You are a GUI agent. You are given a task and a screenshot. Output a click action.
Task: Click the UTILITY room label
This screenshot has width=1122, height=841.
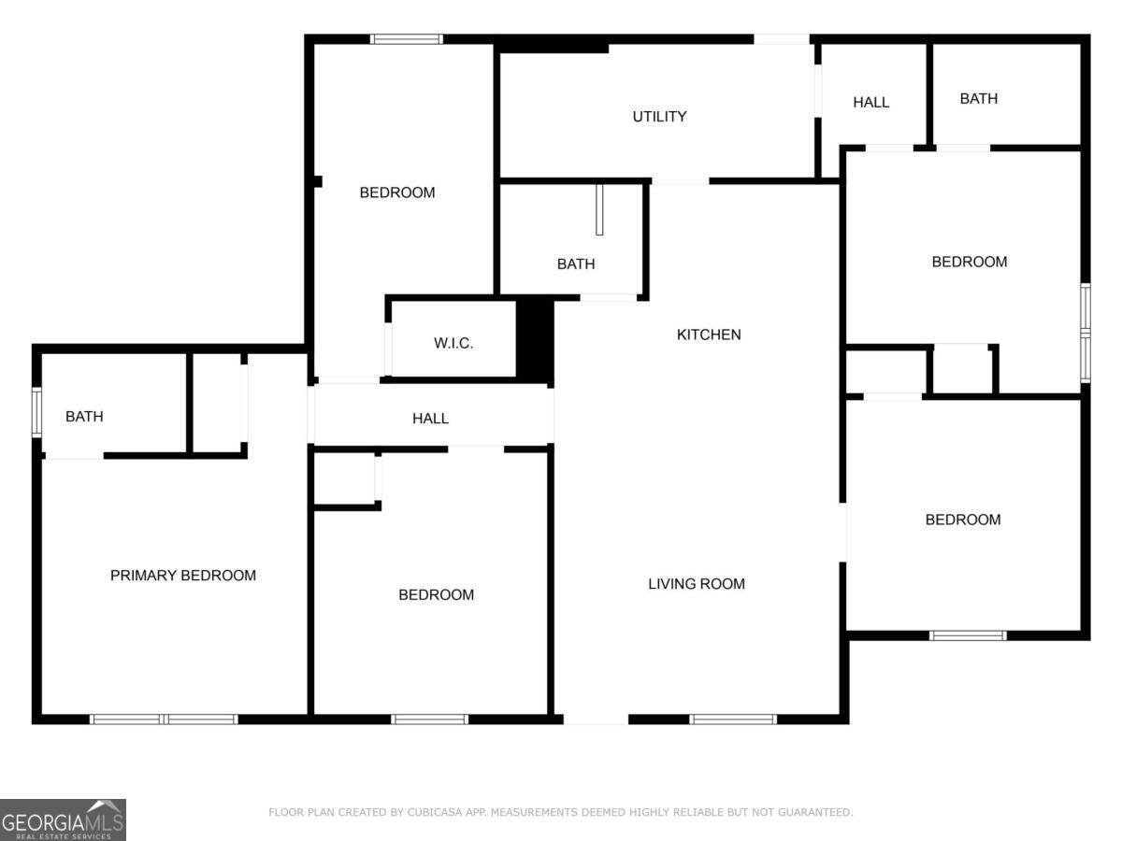click(x=659, y=117)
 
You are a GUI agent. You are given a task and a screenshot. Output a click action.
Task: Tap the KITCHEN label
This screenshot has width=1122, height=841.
click(x=709, y=335)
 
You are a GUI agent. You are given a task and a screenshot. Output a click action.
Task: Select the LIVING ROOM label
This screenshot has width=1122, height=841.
click(x=697, y=584)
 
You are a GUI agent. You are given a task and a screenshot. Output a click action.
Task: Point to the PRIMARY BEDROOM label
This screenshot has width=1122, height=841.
click(x=183, y=576)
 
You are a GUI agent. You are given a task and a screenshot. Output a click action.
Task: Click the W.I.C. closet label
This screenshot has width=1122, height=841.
click(x=453, y=343)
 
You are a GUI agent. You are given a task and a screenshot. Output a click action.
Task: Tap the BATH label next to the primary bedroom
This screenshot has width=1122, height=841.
click(x=84, y=417)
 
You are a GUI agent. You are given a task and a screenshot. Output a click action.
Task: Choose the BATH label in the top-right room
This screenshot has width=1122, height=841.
click(x=979, y=98)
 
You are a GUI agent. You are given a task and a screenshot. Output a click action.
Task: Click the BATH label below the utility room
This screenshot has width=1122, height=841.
click(x=576, y=264)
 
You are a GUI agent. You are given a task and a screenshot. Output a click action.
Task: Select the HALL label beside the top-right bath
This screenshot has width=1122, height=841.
click(x=870, y=102)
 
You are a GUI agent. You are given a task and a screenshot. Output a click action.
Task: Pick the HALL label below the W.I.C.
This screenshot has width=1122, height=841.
click(x=430, y=419)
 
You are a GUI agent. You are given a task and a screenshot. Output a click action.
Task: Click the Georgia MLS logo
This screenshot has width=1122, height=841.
click(x=63, y=820)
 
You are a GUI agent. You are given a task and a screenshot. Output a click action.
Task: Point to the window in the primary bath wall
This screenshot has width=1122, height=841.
click(x=37, y=412)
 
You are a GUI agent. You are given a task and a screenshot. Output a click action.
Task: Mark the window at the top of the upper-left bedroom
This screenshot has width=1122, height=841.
click(x=407, y=39)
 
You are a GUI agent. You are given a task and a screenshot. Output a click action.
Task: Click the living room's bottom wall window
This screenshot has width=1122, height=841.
click(x=733, y=720)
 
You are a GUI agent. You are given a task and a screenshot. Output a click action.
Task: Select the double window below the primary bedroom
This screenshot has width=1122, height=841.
click(x=164, y=720)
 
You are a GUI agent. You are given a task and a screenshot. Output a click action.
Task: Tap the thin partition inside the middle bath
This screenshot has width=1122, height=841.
click(x=599, y=209)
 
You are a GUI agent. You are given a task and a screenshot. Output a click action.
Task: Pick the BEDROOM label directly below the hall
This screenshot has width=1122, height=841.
click(x=436, y=595)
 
